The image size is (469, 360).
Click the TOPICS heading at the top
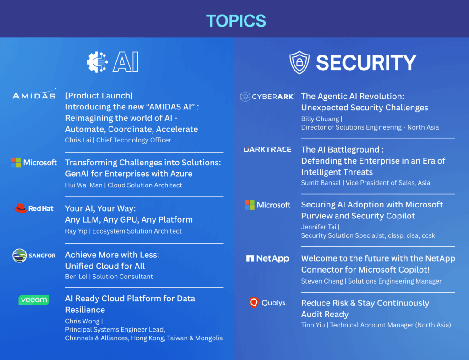(236, 21)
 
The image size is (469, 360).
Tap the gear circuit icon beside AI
(97, 62)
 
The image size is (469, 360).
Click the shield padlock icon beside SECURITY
(300, 62)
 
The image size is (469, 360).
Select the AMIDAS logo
(34, 94)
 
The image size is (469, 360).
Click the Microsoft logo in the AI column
(34, 162)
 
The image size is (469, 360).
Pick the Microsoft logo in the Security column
(267, 205)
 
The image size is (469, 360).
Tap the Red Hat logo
(34, 208)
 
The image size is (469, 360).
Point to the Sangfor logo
(34, 256)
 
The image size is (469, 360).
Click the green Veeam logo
(34, 300)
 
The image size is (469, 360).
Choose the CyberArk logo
(267, 97)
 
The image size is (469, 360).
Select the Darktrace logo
(267, 149)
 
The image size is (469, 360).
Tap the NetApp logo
(267, 258)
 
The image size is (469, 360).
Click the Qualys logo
(267, 303)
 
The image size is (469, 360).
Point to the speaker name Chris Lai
(78, 140)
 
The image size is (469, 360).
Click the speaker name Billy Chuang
(320, 119)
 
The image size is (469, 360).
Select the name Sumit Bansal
(321, 183)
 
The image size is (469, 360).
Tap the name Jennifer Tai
(319, 227)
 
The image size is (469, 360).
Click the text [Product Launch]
(99, 96)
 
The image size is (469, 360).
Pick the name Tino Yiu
(313, 325)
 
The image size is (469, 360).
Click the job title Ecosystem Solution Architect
(137, 231)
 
